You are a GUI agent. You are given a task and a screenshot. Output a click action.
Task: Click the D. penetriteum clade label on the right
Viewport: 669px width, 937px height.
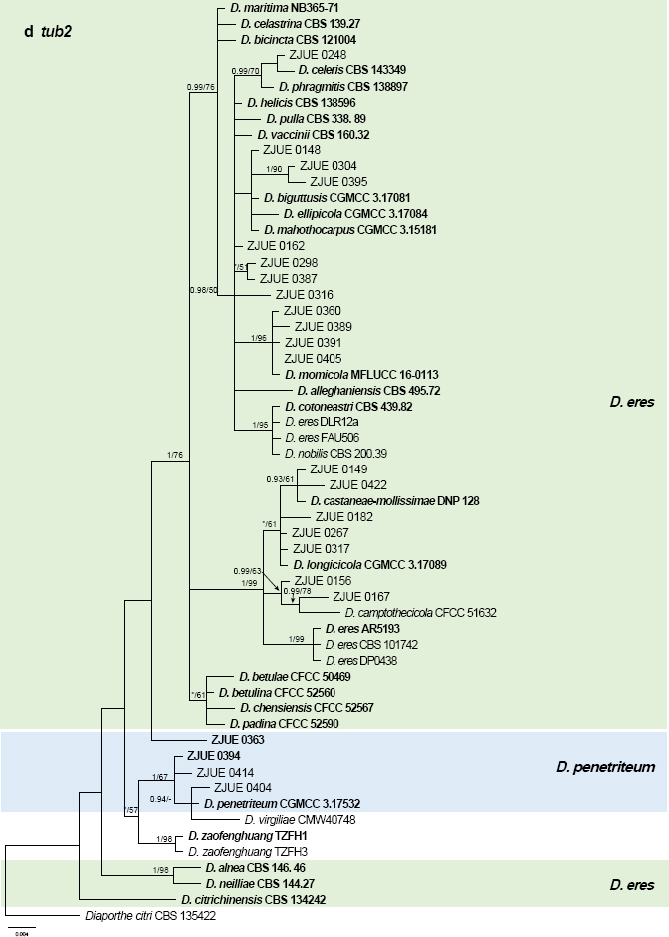604,767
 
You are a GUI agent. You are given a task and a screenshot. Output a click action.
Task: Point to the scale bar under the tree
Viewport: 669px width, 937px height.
22,929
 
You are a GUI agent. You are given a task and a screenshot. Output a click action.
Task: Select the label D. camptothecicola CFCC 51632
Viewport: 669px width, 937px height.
420,612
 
